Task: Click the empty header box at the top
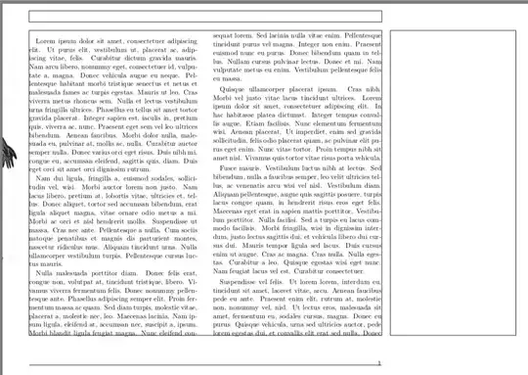[x=205, y=17]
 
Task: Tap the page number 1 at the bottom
[x=378, y=363]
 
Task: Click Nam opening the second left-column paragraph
[x=42, y=179]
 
